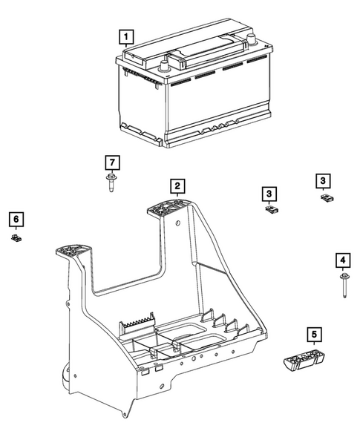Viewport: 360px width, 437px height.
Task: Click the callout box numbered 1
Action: click(x=128, y=35)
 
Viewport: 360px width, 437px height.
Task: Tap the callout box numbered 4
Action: click(x=342, y=260)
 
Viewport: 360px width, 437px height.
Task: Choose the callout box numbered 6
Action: click(x=15, y=218)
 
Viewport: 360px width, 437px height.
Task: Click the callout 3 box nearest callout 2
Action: click(x=269, y=193)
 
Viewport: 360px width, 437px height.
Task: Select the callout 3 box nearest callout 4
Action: click(x=323, y=180)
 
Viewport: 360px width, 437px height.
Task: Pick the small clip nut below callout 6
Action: click(x=15, y=237)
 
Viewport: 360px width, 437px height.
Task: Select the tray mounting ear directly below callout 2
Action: click(x=169, y=208)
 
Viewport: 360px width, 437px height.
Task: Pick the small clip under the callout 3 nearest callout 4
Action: click(x=324, y=197)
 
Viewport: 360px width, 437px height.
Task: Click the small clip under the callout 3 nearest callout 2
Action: click(x=271, y=210)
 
